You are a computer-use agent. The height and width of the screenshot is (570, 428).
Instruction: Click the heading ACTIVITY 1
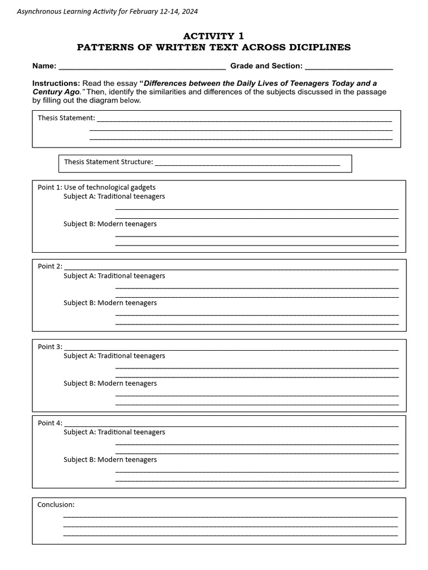[213, 36]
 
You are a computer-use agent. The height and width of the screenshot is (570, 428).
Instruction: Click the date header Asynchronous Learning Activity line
[107, 11]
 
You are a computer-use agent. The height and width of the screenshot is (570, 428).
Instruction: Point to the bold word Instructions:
[56, 83]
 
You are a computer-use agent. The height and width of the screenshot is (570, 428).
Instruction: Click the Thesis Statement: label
[66, 118]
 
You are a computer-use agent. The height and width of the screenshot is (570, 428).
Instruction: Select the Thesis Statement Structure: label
[108, 162]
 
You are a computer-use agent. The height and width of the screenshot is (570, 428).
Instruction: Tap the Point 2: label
[50, 266]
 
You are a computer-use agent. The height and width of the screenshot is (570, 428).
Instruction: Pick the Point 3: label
[50, 347]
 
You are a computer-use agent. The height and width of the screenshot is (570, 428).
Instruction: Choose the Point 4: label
[50, 423]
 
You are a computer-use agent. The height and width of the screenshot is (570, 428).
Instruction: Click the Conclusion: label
[56, 504]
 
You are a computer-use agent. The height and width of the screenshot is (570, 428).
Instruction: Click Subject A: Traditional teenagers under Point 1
[114, 196]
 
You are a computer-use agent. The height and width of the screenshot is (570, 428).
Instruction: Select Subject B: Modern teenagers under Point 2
[110, 303]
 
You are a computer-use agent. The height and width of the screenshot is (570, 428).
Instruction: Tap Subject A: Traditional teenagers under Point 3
[114, 356]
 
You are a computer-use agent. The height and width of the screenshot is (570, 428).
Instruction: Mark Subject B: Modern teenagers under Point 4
[110, 460]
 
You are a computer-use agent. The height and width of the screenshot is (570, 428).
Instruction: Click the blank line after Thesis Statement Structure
[247, 163]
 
